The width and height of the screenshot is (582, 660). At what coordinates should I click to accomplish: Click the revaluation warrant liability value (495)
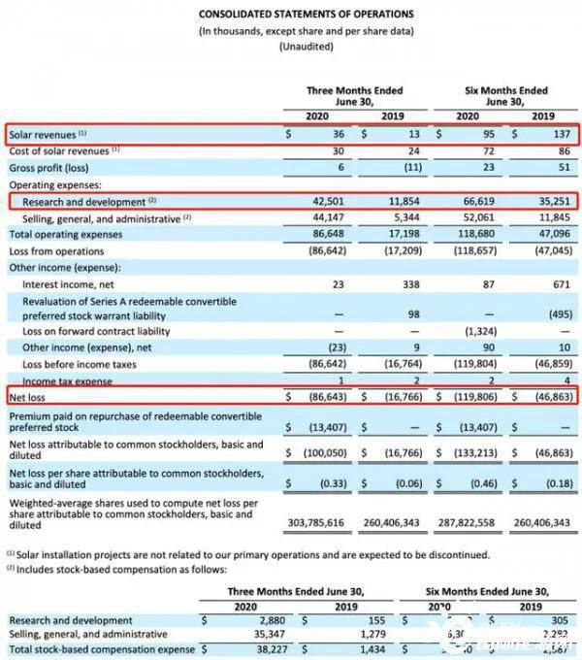click(x=545, y=315)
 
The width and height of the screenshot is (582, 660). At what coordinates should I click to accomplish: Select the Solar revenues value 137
click(x=546, y=135)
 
